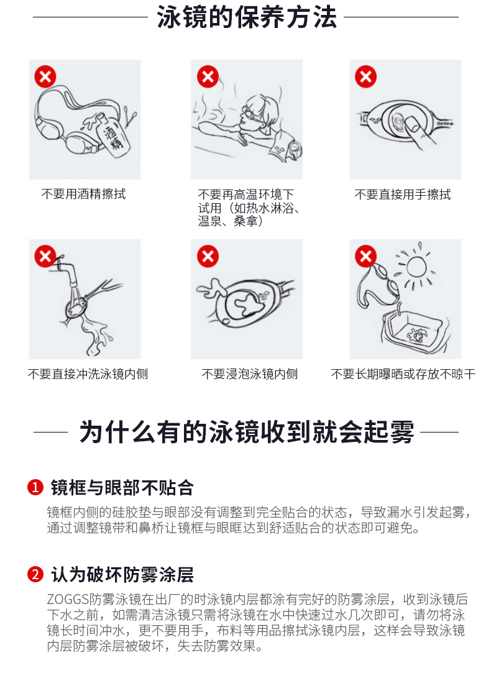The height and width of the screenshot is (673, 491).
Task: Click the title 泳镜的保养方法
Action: (247, 17)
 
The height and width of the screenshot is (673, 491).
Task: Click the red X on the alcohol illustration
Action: (45, 77)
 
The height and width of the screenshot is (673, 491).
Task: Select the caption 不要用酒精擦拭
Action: (84, 194)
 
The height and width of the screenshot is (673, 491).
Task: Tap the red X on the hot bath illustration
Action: (208, 77)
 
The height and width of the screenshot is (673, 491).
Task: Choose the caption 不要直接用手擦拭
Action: (403, 195)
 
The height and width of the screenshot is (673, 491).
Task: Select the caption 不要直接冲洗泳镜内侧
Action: (88, 374)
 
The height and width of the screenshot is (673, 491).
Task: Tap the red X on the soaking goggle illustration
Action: (208, 256)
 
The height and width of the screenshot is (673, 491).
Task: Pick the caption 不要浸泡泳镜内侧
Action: (250, 374)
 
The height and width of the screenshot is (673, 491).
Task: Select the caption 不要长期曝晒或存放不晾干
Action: (403, 374)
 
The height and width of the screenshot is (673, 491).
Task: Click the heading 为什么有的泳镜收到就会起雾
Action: (247, 432)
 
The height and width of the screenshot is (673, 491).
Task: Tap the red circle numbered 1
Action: (35, 487)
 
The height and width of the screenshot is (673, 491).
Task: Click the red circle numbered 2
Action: (35, 574)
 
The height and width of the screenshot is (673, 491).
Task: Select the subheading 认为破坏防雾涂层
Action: (122, 574)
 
